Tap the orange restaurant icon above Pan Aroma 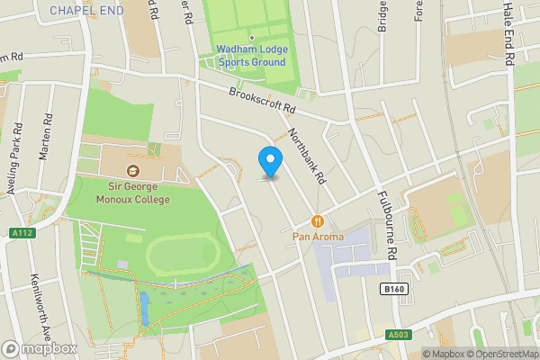coord(317,220)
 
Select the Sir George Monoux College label coord(133,193)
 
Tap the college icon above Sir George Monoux coord(133,171)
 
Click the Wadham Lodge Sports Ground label coord(250,56)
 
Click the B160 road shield coord(389,290)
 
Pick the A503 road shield coord(400,335)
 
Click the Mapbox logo coord(40,348)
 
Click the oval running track coord(181,257)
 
